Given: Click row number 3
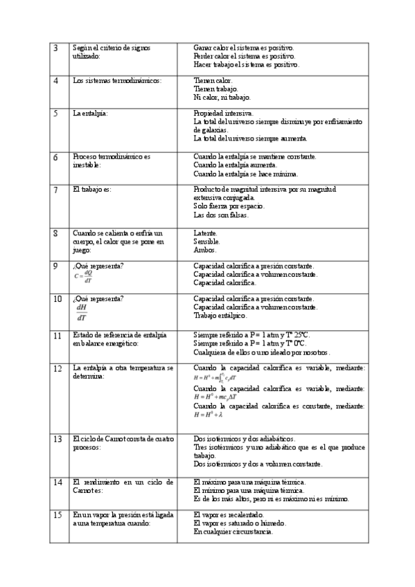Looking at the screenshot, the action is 56,48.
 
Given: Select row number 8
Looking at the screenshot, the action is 56,234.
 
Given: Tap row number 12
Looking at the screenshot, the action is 58,369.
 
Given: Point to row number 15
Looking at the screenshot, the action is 58,516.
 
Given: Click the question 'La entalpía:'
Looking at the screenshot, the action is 91,113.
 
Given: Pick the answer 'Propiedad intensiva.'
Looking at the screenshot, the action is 224,113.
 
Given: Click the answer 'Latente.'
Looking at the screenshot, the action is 206,233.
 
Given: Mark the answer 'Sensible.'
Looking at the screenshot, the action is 207,242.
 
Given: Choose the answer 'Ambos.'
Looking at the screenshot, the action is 205,250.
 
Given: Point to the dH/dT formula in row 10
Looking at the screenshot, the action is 82,312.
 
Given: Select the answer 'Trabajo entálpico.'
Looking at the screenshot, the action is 220,316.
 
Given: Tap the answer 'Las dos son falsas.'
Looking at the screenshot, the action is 221,215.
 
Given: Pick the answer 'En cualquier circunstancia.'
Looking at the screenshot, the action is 233,532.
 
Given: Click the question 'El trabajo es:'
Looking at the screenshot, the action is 92,189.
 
